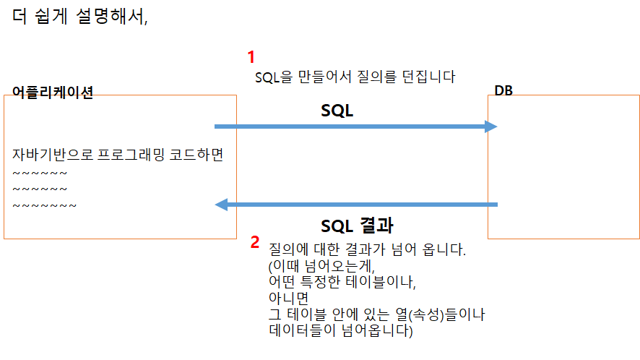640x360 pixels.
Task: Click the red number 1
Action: coord(251,57)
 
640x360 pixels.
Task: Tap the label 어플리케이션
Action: coord(53,93)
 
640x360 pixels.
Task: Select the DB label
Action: coord(504,90)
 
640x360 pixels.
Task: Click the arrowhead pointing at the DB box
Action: coord(491,127)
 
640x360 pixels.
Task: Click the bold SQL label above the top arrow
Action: coord(337,111)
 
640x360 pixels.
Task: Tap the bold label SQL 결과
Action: coord(357,225)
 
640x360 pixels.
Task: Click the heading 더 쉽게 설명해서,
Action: coord(80,17)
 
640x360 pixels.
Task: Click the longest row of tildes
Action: coord(45,206)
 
